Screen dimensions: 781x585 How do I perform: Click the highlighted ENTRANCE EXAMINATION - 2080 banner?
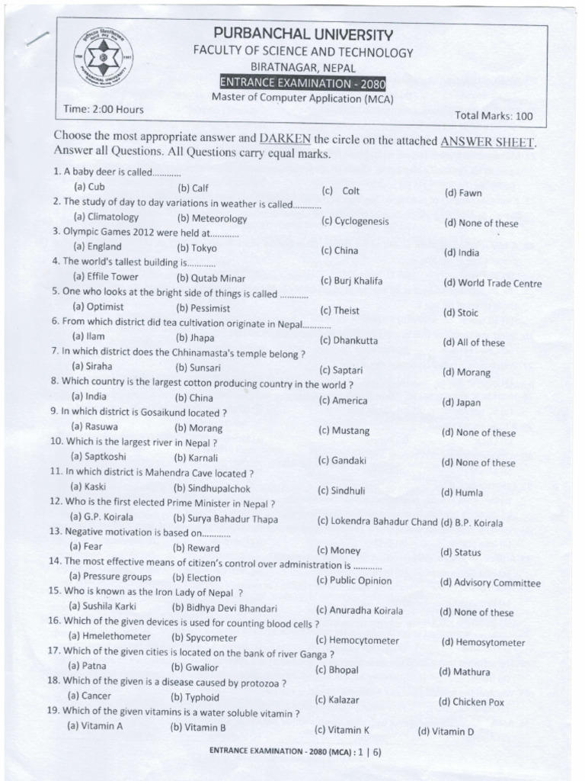pos(302,82)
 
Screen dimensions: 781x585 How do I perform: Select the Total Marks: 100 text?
pos(494,116)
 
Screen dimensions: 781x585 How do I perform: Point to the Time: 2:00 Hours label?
pos(104,109)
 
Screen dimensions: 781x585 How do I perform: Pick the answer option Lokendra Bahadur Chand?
pos(377,521)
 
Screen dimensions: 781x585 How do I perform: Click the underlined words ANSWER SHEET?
pos(487,141)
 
